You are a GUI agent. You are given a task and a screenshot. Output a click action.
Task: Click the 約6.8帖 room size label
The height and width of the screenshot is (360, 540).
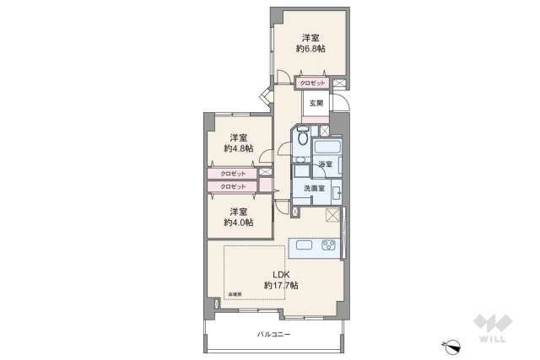coord(310,50)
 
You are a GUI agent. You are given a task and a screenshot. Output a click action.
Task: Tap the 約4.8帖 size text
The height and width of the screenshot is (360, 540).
coord(239,148)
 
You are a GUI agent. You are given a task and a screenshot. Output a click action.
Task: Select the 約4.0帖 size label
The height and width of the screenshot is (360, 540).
coord(239,223)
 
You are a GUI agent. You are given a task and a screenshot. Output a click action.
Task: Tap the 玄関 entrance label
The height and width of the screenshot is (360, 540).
coord(316,103)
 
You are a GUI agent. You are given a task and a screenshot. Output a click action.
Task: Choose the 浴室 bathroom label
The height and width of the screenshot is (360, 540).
coord(325,164)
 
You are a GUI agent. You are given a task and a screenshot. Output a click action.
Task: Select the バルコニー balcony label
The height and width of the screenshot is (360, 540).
coord(274,335)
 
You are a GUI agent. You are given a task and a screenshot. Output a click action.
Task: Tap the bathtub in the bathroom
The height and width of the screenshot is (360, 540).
coord(325,147)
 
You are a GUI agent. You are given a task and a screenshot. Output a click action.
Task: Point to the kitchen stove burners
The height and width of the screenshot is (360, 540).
coord(327,246)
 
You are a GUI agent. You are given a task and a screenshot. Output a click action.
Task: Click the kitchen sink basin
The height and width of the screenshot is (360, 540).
coord(305,246)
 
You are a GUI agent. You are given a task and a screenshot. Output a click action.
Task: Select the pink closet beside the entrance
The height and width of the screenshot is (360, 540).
coord(312,83)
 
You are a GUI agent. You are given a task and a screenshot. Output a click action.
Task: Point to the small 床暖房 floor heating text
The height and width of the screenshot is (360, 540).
coord(233,293)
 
